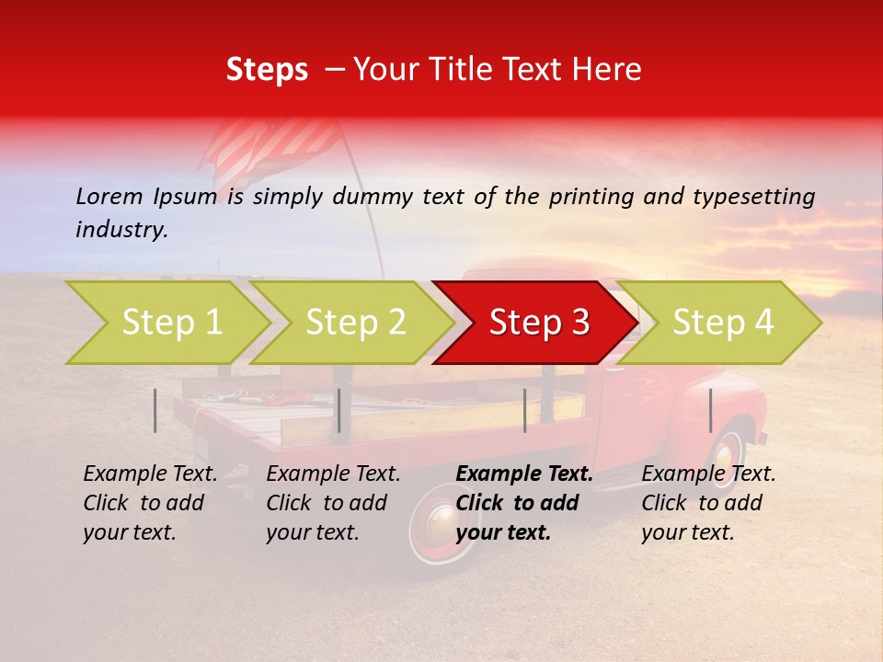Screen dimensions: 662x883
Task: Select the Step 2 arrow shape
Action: pos(355,323)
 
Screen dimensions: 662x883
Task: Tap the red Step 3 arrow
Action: pos(539,323)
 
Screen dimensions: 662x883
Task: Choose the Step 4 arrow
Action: pos(723,323)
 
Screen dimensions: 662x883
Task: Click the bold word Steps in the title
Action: pos(267,70)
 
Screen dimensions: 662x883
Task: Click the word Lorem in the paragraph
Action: pos(109,196)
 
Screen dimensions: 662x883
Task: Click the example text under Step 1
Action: pos(150,503)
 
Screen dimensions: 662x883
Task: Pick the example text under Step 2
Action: pos(333,503)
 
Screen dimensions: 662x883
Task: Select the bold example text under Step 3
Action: pos(524,503)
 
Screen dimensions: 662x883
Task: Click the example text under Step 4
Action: pos(708,503)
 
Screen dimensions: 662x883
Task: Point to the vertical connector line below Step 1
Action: pos(155,410)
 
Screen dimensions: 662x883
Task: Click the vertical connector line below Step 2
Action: pos(339,410)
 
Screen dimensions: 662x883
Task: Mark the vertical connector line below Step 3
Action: pos(524,410)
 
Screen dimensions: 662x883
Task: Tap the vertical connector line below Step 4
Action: pos(710,410)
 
